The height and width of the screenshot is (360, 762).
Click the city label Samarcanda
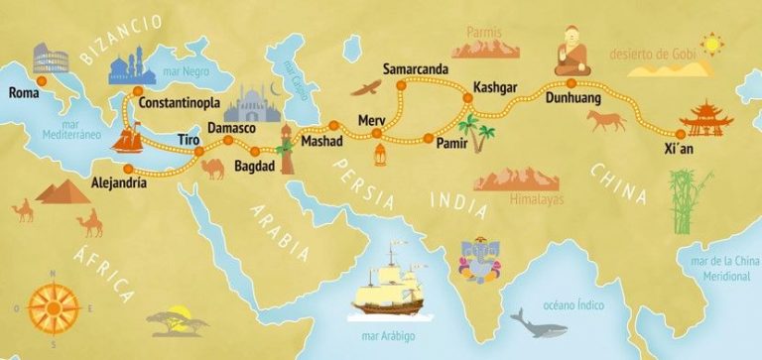point(416,68)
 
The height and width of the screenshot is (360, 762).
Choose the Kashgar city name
point(496,86)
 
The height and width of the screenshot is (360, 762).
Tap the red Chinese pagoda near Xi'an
point(705,116)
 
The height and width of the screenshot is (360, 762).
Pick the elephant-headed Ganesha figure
point(475,256)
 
